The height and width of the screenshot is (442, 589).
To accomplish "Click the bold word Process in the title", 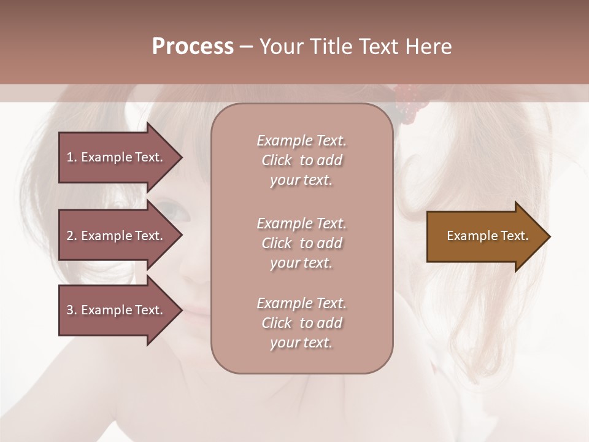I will (x=193, y=47).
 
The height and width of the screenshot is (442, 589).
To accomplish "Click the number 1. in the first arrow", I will (x=72, y=157).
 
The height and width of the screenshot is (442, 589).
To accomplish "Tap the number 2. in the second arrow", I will (x=72, y=236).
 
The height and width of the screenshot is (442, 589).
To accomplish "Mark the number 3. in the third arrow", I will (x=72, y=310).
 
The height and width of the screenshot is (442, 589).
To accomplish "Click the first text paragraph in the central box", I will (x=301, y=160).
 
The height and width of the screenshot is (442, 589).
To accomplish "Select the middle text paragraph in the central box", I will (x=301, y=242).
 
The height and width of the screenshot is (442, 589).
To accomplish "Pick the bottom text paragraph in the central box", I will (x=301, y=323).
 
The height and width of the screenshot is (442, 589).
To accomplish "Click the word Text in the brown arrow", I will (x=515, y=236).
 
